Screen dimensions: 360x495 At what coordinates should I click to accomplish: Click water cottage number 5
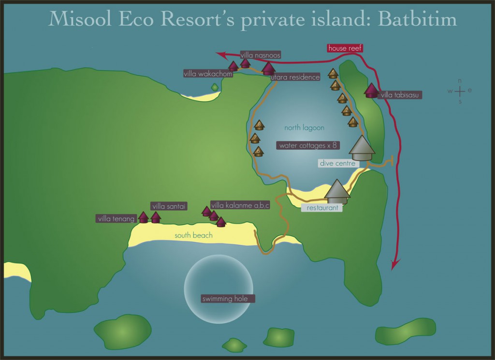[333, 73]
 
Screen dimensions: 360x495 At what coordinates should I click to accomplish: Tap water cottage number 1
[353, 122]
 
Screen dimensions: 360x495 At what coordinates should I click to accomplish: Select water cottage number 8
[259, 125]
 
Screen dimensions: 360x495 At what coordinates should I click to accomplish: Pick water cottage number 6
[259, 152]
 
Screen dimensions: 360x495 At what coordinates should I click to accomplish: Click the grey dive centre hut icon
[362, 148]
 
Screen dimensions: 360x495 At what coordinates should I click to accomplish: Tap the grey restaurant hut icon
[337, 192]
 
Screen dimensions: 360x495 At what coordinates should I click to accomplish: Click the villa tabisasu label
[401, 95]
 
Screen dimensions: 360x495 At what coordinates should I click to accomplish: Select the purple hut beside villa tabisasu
[371, 90]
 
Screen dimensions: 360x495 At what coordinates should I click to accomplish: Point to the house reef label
[345, 48]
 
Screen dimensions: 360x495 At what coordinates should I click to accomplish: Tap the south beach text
[193, 235]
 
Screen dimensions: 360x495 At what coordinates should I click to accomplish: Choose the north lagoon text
[304, 128]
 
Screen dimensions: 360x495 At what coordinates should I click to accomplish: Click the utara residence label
[295, 77]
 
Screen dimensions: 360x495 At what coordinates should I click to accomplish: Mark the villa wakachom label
[208, 74]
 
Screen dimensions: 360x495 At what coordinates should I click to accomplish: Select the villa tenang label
[116, 219]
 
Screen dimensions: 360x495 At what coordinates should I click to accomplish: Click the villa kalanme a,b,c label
[240, 205]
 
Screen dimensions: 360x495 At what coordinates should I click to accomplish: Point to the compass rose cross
[460, 90]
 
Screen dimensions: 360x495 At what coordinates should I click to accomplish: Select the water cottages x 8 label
[307, 145]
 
